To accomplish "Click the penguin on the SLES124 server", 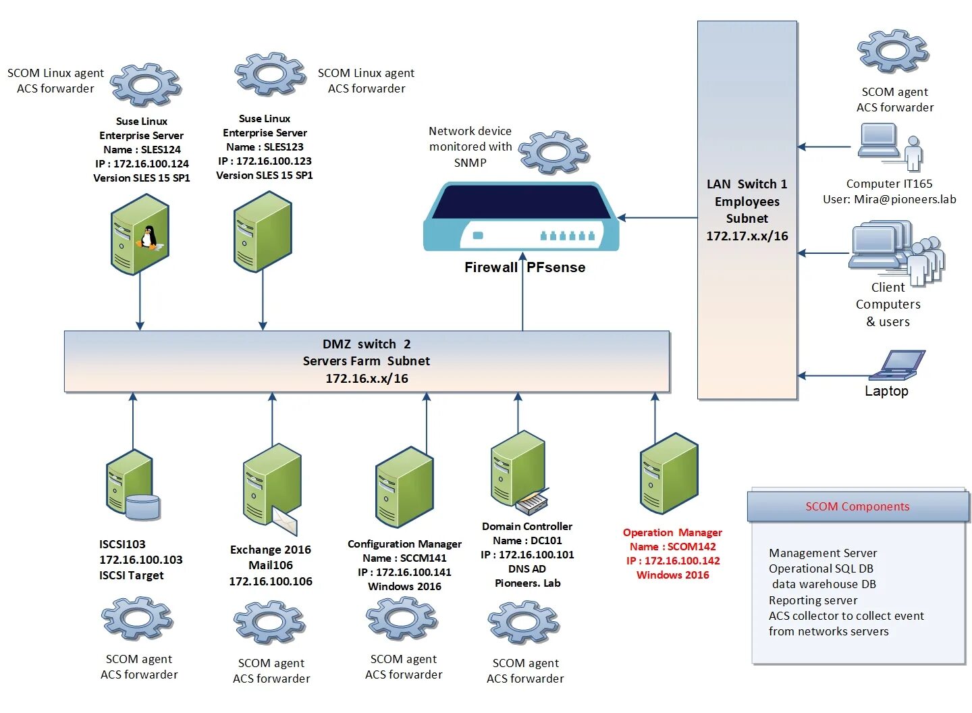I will point(148,238).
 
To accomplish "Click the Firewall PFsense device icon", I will point(520,217).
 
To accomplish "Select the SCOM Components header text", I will point(857,506).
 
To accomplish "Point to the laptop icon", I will point(897,365).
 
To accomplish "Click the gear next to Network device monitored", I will point(553,152).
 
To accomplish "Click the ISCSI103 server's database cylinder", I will point(143,507).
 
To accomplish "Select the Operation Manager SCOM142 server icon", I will point(669,473).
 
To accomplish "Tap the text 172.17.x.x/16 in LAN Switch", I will point(747,236).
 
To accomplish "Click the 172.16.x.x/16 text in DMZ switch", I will point(367,378).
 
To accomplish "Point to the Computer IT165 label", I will point(889,184).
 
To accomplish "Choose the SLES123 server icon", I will point(263,232).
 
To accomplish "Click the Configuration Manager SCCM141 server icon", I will point(404,487).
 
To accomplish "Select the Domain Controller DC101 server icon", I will point(518,471).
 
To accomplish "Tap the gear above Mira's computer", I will point(892,51).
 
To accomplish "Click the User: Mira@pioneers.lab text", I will point(889,199).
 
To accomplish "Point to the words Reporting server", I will point(813,600).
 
